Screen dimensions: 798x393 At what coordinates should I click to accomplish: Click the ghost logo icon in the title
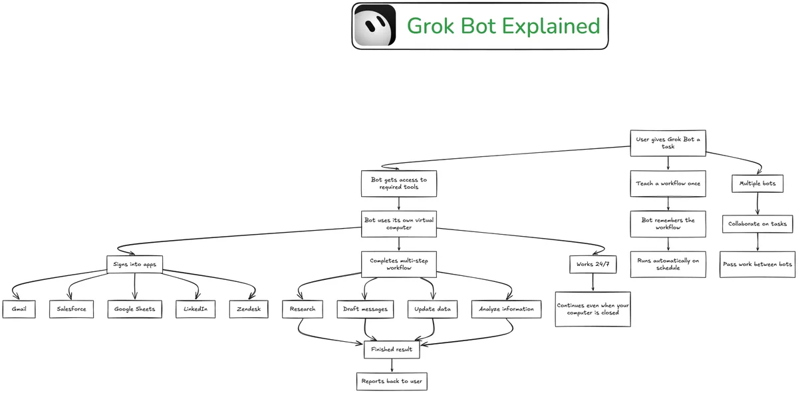click(x=375, y=26)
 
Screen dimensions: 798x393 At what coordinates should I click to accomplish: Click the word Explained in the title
click(x=551, y=27)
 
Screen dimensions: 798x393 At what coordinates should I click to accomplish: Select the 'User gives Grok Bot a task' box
click(x=668, y=143)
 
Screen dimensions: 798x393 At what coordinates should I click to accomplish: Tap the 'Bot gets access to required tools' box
click(x=399, y=184)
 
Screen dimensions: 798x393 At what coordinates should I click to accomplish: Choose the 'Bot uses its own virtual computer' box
click(x=399, y=223)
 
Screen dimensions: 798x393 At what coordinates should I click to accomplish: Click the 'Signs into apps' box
click(x=134, y=265)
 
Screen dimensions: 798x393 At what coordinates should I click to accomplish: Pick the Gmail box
click(x=19, y=309)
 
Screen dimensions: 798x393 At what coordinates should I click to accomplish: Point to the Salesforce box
click(x=72, y=309)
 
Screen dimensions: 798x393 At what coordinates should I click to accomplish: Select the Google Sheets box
click(x=134, y=309)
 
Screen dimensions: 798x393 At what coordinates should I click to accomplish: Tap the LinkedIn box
click(x=196, y=309)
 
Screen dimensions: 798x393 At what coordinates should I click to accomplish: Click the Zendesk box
click(x=249, y=309)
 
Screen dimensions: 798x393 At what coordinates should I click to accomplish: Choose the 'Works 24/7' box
click(x=593, y=265)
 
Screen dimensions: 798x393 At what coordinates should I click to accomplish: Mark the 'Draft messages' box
click(x=365, y=309)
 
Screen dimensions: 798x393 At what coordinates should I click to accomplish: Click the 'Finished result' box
click(x=392, y=350)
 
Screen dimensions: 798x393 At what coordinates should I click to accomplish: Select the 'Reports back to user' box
click(x=392, y=381)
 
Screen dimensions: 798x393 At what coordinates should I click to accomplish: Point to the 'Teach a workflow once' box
click(x=668, y=184)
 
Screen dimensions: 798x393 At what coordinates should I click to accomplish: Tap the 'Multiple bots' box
click(x=757, y=184)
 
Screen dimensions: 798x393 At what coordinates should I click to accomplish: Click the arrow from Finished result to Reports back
click(x=392, y=366)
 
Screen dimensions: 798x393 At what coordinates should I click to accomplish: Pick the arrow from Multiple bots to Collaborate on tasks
click(x=757, y=203)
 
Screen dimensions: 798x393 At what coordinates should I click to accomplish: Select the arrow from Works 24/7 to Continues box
click(x=593, y=283)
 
